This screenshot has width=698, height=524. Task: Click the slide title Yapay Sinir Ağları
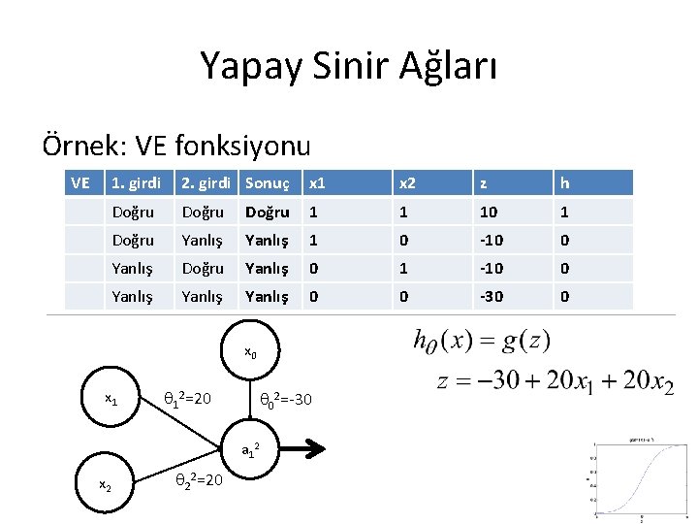(349, 66)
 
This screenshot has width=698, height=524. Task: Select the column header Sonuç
(267, 182)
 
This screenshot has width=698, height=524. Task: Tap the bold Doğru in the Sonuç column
(267, 212)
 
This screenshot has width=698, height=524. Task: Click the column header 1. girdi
(136, 182)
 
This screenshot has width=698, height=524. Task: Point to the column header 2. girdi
(204, 182)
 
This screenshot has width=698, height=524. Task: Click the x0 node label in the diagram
(250, 352)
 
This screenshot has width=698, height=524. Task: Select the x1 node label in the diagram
(112, 399)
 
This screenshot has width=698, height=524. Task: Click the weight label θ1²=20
(197, 399)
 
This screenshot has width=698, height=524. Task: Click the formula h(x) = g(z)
(481, 342)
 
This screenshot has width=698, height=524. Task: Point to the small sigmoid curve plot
(641, 479)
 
